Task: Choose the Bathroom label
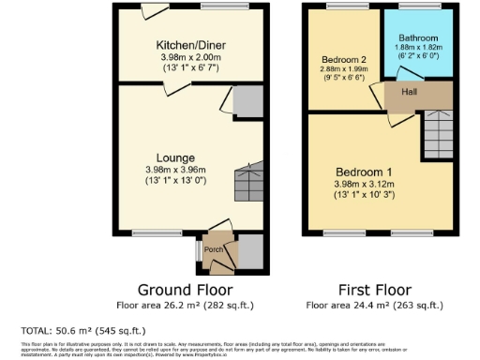point(419,38)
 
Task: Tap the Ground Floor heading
point(185,289)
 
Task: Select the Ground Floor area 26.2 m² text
point(185,306)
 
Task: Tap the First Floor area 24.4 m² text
point(375,306)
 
